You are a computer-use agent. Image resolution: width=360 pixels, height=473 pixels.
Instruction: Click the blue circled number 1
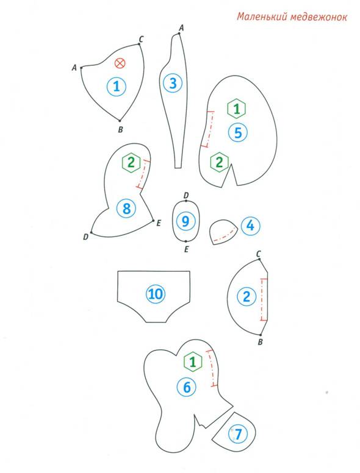coord(117,87)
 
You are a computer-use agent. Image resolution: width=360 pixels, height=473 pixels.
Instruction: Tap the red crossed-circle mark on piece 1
coord(120,63)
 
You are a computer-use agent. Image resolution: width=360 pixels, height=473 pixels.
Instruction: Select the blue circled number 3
coord(173,83)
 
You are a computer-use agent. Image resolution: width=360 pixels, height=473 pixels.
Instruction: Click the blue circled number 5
coord(238,132)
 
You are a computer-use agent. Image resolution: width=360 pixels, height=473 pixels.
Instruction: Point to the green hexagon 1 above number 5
coord(237,108)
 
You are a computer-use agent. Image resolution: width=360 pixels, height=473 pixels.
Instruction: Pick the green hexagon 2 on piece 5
coord(219,162)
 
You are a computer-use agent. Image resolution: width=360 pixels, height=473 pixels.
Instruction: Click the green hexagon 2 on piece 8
coord(131,163)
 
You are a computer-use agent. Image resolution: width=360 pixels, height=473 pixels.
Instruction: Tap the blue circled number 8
coord(126,208)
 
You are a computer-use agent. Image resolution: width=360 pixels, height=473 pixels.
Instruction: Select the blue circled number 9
coord(185,221)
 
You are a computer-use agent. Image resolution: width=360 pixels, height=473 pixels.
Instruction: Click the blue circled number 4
coord(250,226)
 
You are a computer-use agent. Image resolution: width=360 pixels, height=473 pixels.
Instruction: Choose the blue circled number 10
coord(156,294)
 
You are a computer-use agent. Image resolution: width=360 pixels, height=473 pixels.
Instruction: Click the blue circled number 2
coord(247,296)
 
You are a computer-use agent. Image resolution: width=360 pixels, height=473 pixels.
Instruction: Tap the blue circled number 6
coord(187,387)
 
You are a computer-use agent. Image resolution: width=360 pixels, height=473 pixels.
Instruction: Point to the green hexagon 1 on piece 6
coord(193,361)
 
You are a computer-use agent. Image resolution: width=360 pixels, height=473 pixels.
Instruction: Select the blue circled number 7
coord(239,434)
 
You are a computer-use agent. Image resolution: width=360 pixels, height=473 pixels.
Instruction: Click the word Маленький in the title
coord(262,16)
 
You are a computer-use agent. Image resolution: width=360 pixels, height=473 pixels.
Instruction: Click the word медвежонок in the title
coord(319,16)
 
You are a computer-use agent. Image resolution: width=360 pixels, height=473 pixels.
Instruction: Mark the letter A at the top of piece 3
coord(181,28)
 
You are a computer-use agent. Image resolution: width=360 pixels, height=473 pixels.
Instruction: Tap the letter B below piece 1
coord(120,130)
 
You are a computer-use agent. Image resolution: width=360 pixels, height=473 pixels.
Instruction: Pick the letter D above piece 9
coord(186,196)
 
